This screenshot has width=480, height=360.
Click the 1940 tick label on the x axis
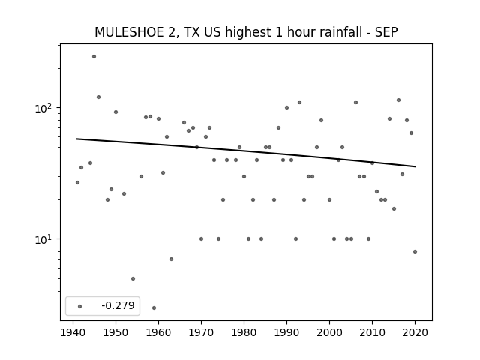(x=73, y=332)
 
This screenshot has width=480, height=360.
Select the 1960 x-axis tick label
(x=158, y=332)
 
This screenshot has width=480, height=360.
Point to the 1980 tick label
(x=244, y=332)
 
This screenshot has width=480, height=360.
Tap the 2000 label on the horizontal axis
(x=329, y=332)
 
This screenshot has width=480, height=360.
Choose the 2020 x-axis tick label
(x=415, y=332)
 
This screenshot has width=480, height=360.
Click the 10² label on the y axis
(x=45, y=108)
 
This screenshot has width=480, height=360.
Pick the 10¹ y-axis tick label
(x=45, y=239)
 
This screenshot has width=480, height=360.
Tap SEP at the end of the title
(x=386, y=32)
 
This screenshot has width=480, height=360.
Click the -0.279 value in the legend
(x=118, y=305)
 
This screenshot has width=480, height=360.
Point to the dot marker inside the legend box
(x=79, y=306)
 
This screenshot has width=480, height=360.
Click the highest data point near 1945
(x=94, y=57)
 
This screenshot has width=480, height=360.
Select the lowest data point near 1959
(x=154, y=307)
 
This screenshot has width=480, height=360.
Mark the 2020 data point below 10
(x=415, y=252)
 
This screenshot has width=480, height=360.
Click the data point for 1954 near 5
(x=133, y=278)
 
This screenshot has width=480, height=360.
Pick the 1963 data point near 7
(x=171, y=259)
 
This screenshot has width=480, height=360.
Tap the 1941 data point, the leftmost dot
(x=77, y=182)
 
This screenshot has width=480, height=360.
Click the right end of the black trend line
(x=415, y=166)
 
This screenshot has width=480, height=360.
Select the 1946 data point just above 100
(x=98, y=97)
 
